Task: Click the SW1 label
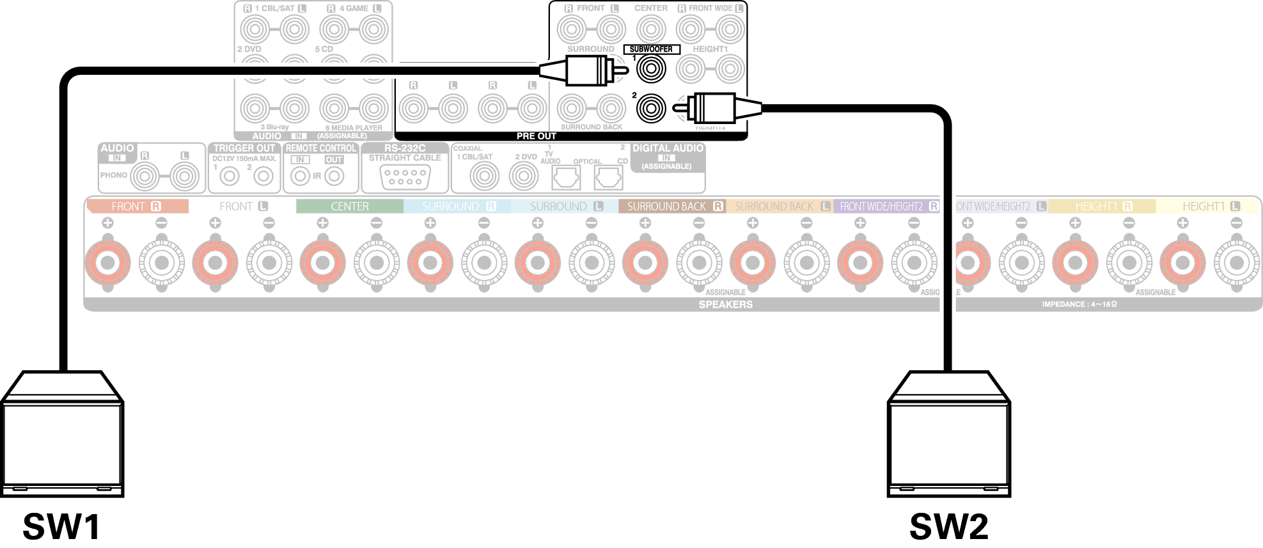pos(61,526)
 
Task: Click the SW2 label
pos(948,526)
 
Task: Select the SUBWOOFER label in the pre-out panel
pos(651,49)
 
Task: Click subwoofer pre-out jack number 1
pos(651,69)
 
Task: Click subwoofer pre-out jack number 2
pos(651,108)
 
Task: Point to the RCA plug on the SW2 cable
pos(716,108)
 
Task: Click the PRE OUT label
pos(536,136)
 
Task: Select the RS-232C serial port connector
pos(405,176)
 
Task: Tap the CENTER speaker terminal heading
pos(350,207)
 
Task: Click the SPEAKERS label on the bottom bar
pos(725,304)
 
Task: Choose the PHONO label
pos(113,175)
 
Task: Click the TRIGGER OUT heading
pos(244,148)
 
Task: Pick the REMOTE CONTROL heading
pos(320,148)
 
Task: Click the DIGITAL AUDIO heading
pos(668,148)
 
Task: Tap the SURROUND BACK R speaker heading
pos(671,207)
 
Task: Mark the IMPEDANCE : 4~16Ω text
pos(1079,304)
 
